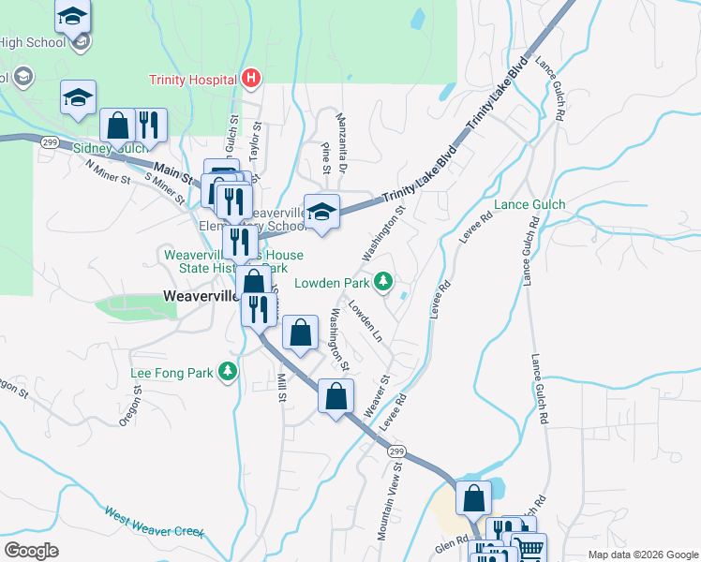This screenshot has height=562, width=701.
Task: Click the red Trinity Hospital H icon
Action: click(x=250, y=80)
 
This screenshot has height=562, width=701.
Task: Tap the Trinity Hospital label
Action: click(x=191, y=80)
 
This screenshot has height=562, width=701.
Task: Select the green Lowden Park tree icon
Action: click(x=382, y=281)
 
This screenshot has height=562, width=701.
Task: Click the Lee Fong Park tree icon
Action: click(x=227, y=373)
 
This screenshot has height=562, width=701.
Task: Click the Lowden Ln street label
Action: click(x=365, y=319)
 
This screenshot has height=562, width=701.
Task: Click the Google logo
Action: click(x=31, y=551)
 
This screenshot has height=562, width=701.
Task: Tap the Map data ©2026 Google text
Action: click(x=642, y=555)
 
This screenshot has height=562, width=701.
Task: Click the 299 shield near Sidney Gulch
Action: click(x=49, y=140)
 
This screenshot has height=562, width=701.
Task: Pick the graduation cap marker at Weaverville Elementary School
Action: click(x=321, y=212)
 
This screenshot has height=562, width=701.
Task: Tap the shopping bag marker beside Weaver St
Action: click(x=336, y=396)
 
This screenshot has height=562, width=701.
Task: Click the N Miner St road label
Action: click(x=106, y=171)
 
